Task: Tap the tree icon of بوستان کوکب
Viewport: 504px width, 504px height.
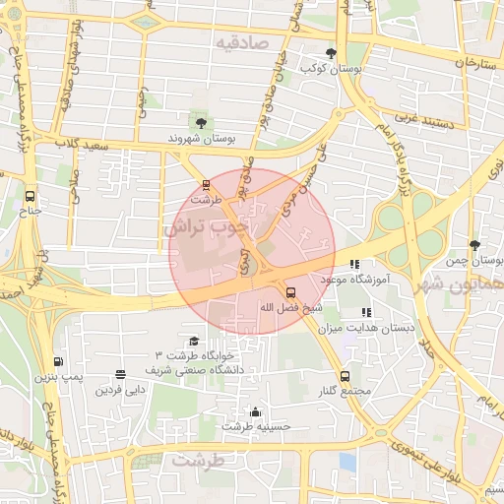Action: (331, 53)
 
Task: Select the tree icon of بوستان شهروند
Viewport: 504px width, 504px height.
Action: (201, 123)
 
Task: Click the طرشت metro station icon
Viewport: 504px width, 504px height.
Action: (206, 183)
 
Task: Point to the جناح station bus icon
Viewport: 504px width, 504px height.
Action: (31, 195)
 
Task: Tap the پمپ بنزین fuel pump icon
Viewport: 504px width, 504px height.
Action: (57, 362)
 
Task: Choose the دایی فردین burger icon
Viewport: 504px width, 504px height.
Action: (120, 375)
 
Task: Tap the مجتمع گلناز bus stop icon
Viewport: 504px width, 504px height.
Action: (345, 376)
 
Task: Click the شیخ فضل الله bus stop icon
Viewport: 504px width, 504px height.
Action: (289, 292)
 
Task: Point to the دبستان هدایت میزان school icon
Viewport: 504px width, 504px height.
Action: (367, 312)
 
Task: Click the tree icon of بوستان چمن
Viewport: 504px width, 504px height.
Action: (475, 243)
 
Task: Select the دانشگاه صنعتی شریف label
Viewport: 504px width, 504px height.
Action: (210, 369)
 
